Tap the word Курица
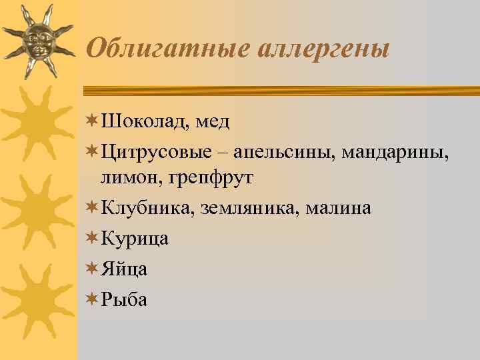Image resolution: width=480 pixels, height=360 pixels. pyautogui.click(x=135, y=238)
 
